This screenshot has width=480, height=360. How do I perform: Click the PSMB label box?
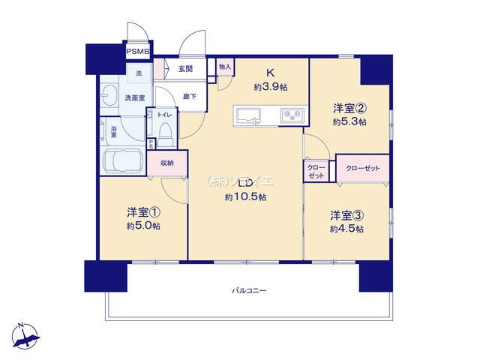(138, 52)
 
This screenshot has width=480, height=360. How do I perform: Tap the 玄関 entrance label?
(185, 68)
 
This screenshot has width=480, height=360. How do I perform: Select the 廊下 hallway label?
(190, 97)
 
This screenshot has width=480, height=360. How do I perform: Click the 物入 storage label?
(225, 67)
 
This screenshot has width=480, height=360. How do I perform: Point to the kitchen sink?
(247, 116)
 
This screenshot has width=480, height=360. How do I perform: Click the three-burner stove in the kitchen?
(292, 115)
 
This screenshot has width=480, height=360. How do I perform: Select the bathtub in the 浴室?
(123, 161)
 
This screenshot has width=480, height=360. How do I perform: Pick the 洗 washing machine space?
(139, 73)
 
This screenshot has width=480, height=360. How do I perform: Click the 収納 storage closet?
(167, 163)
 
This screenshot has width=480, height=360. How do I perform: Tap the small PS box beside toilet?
(151, 144)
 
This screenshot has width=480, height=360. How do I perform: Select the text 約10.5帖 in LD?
(245, 197)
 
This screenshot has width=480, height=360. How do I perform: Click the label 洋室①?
(144, 211)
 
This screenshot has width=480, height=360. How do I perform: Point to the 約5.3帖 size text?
(349, 121)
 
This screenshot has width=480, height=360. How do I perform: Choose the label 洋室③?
(347, 215)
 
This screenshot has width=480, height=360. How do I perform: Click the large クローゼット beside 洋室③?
(363, 168)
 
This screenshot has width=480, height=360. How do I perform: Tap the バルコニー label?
(249, 290)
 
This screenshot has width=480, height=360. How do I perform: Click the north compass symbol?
(25, 336)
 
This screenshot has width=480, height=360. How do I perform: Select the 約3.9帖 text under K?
(271, 87)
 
